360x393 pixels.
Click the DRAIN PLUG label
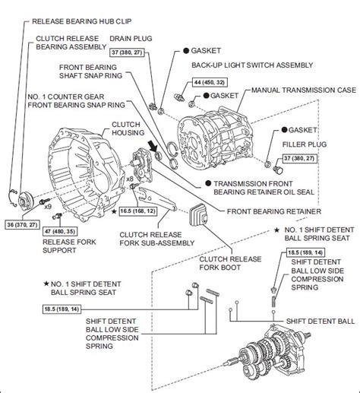point(131,39)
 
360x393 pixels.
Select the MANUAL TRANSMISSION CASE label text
point(304,90)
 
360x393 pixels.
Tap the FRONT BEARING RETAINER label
point(274,211)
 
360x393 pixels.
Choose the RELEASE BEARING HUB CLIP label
point(82,21)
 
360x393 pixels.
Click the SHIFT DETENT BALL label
point(321,322)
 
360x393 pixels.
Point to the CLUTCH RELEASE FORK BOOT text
point(230,263)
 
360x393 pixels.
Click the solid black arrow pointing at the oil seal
point(153,147)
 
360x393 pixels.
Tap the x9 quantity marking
point(48,207)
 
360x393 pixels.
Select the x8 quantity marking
point(130,179)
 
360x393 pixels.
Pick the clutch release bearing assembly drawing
point(25,200)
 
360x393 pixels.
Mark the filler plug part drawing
point(278,170)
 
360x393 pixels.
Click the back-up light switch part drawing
point(179,97)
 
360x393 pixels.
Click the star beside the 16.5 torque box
point(114,211)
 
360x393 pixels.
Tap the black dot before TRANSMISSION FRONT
point(208,183)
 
